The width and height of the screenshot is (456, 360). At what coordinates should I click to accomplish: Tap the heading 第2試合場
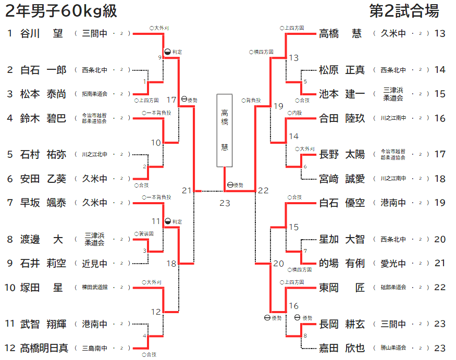(404, 11)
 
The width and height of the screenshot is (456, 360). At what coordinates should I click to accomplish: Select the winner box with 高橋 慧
(225, 130)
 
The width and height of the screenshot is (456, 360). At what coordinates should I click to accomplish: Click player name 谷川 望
(41, 34)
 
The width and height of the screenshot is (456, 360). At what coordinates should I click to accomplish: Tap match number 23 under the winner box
(225, 203)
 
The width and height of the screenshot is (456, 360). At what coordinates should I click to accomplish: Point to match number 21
(187, 191)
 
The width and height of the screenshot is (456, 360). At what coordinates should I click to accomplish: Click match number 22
(263, 191)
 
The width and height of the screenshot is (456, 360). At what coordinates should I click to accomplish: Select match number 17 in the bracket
(172, 100)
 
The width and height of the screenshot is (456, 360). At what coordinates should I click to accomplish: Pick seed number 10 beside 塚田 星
(10, 288)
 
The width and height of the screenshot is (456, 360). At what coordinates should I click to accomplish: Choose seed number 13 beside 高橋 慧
(440, 34)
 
